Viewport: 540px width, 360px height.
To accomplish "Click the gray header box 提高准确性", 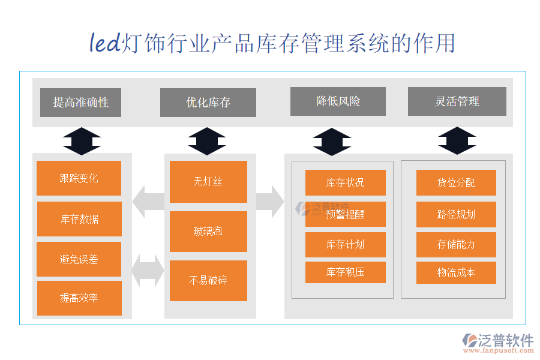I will pyautogui.click(x=80, y=103).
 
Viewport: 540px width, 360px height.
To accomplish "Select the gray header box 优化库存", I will pyautogui.click(x=208, y=103).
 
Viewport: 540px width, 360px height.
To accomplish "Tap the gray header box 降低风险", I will pyautogui.click(x=338, y=101).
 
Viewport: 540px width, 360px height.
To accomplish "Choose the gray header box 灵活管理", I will pyautogui.click(x=457, y=101).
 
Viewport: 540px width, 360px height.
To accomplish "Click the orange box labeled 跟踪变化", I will pyautogui.click(x=79, y=178).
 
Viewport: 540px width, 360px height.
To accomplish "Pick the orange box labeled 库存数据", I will pyautogui.click(x=79, y=219).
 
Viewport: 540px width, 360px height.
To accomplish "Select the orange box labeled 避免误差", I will pyautogui.click(x=79, y=259).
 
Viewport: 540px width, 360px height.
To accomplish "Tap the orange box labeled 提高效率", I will pyautogui.click(x=79, y=298).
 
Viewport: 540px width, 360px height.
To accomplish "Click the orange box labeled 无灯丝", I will pyautogui.click(x=208, y=182).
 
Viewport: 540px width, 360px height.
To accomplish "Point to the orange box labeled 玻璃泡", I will pyautogui.click(x=208, y=231).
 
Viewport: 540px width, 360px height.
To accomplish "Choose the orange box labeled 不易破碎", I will pyautogui.click(x=208, y=280).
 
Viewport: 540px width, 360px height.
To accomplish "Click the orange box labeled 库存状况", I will pyautogui.click(x=345, y=183).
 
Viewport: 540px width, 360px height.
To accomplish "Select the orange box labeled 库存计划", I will pyautogui.click(x=345, y=244).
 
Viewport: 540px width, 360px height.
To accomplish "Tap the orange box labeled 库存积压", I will pyautogui.click(x=345, y=272).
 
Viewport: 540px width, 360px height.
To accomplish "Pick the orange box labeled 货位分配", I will pyautogui.click(x=456, y=183).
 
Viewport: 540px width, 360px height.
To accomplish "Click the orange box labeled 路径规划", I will pyautogui.click(x=456, y=214).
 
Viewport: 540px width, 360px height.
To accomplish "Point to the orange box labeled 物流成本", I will pyautogui.click(x=456, y=272).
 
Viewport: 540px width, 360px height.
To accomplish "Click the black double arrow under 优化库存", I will pyautogui.click(x=207, y=142).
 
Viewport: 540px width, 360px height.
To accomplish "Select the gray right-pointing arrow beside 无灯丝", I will pyautogui.click(x=270, y=201).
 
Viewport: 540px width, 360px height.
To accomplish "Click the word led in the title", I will pyautogui.click(x=105, y=43).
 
